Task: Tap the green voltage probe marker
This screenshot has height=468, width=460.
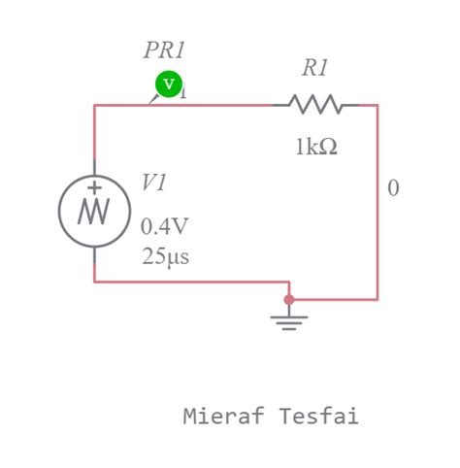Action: click(x=169, y=84)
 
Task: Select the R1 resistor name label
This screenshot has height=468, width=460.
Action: click(x=315, y=68)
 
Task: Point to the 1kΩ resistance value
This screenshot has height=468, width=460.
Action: click(x=316, y=147)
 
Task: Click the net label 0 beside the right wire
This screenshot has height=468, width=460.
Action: click(x=393, y=188)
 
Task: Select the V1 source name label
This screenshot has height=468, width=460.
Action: click(x=154, y=183)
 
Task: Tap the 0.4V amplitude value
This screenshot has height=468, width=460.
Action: click(x=165, y=226)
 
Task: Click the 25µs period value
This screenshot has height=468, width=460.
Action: click(x=165, y=257)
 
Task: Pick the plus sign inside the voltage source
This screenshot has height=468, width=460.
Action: click(x=94, y=187)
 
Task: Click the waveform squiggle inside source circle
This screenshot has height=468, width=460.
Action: click(x=94, y=211)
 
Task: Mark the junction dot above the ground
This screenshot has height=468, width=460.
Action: click(x=288, y=299)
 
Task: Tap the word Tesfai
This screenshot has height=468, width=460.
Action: click(x=319, y=417)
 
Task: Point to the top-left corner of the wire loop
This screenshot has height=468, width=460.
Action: click(x=94, y=105)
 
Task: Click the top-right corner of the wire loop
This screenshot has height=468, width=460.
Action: click(x=378, y=105)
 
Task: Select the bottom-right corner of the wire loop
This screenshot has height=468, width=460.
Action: click(x=378, y=299)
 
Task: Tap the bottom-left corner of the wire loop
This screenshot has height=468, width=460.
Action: click(x=94, y=282)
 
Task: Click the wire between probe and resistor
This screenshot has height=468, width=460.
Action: click(x=228, y=105)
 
